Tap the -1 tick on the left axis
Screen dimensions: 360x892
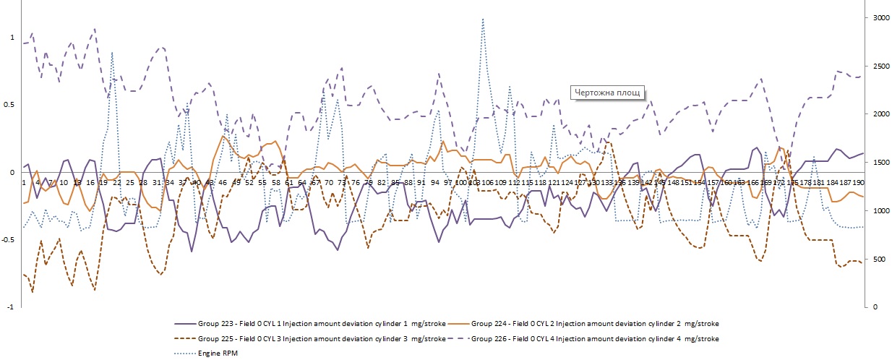click(9, 307)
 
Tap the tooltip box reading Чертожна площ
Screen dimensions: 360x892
click(607, 93)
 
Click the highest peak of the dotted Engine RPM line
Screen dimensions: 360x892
click(483, 20)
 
